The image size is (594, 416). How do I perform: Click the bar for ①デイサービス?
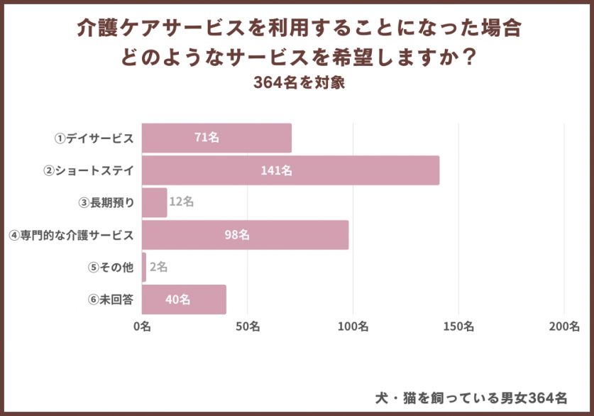216,138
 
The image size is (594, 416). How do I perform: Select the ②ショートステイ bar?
290,170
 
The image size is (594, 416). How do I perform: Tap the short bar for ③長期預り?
154,202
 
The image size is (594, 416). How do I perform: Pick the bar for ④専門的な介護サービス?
245,235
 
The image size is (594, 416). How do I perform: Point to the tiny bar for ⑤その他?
144,267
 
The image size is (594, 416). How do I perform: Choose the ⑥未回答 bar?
184,300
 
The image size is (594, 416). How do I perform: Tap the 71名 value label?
207,138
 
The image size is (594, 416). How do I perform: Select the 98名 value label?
237,235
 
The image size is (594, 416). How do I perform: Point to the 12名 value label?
181,202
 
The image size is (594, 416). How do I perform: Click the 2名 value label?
158,267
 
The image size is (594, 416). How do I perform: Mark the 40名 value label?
177,300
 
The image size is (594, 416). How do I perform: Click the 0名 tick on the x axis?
142,327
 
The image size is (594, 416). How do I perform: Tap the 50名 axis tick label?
247,327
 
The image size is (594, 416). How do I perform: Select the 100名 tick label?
353,327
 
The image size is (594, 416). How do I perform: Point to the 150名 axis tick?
458,327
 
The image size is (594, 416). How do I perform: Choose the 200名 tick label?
564,327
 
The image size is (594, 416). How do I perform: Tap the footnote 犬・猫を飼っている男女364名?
471,396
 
